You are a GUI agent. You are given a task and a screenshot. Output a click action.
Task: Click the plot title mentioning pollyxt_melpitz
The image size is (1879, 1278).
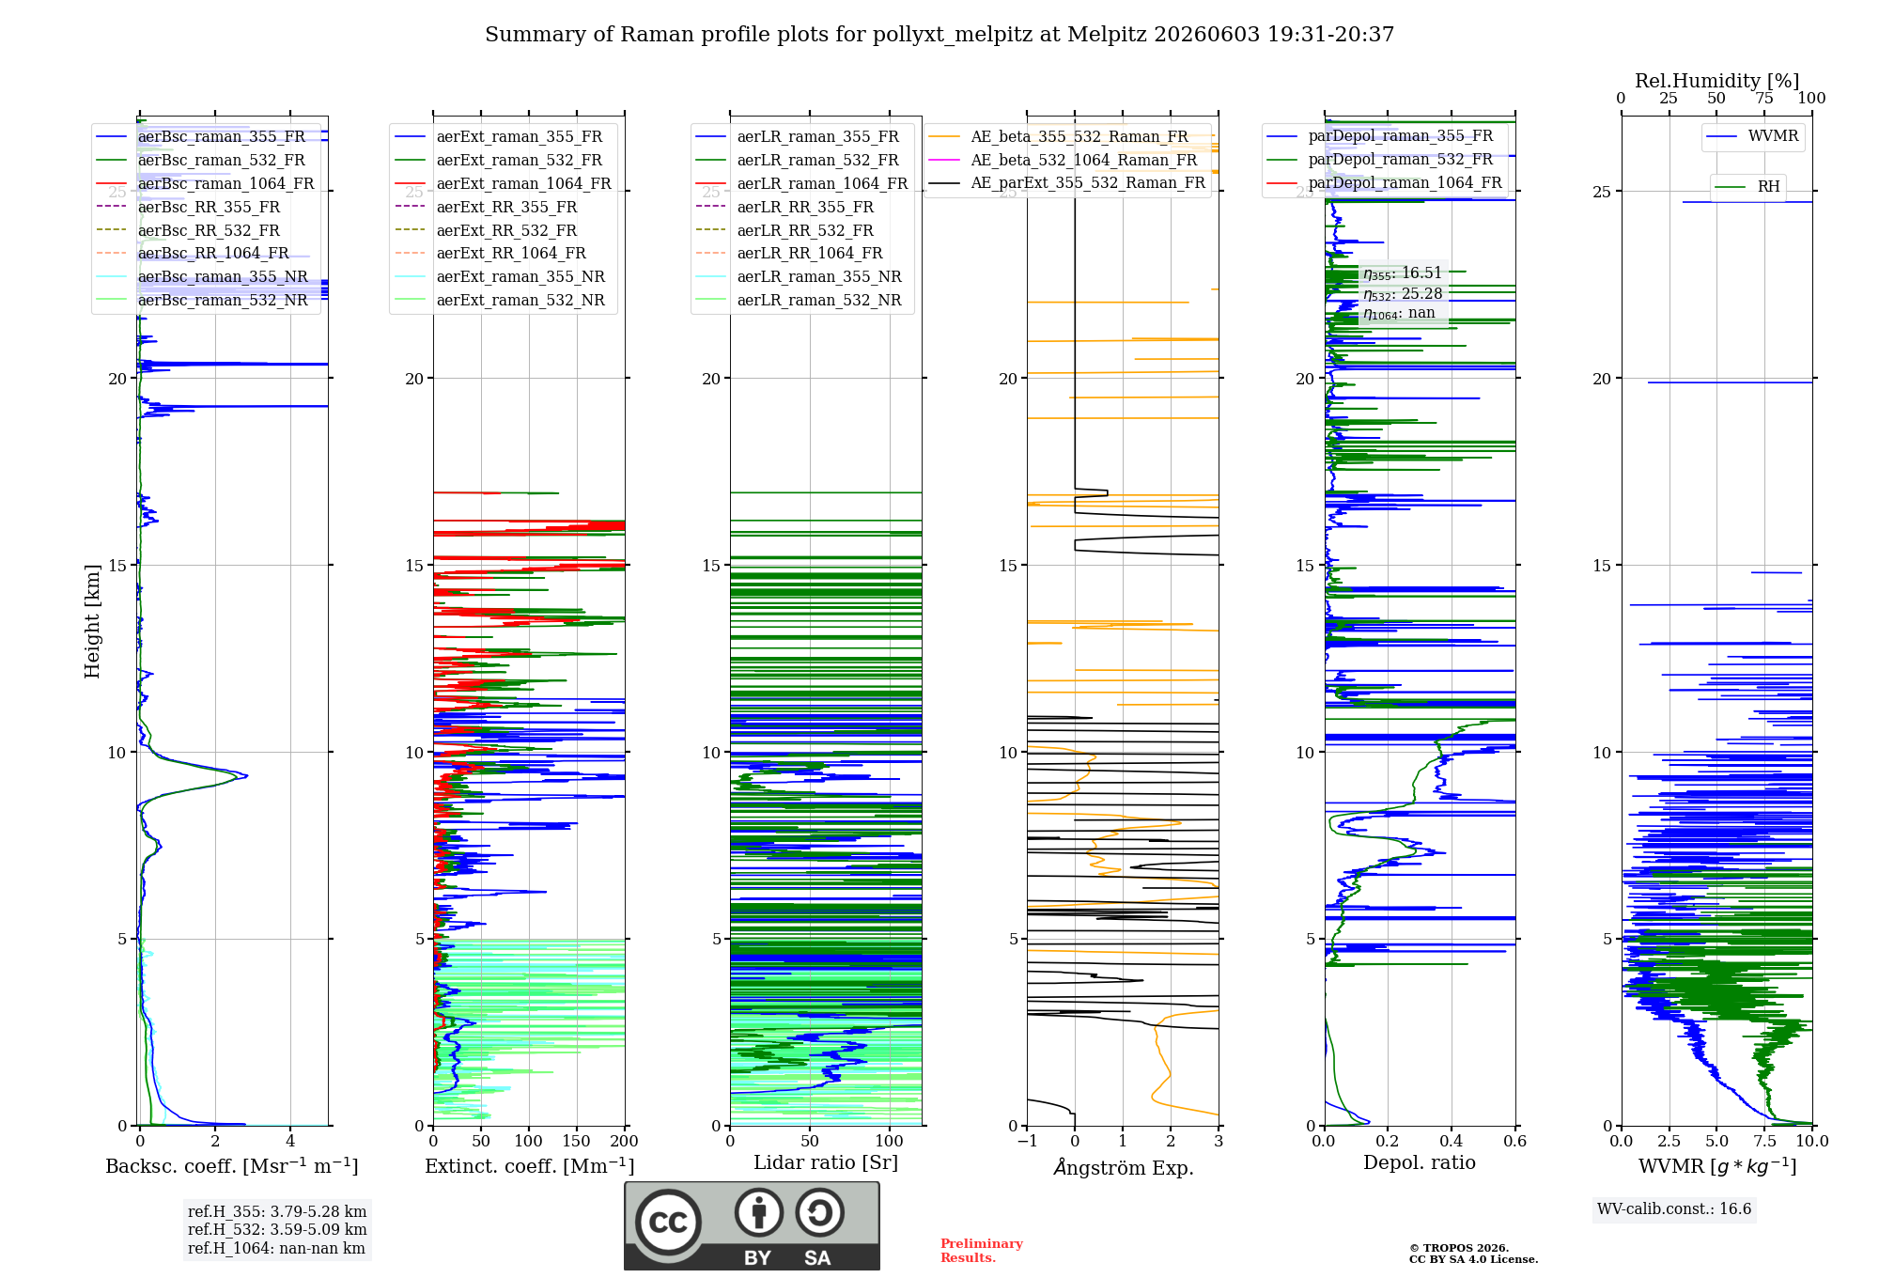(939, 35)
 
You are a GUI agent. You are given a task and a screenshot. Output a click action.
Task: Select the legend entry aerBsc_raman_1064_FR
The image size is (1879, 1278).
(225, 183)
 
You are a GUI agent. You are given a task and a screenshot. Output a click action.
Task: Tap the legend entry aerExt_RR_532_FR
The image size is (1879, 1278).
(506, 230)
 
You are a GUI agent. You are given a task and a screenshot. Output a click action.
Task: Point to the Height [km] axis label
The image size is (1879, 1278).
(92, 621)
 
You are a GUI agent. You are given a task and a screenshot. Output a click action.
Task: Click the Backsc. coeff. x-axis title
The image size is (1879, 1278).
(232, 1166)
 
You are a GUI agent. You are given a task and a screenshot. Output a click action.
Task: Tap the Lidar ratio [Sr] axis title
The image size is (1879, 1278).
(826, 1163)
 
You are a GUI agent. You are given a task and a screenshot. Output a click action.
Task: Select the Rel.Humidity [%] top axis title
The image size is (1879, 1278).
(1716, 81)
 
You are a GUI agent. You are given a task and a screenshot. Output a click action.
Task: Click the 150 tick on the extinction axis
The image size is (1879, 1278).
(576, 1141)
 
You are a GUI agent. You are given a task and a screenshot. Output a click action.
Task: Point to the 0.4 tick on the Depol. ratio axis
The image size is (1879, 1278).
(1452, 1141)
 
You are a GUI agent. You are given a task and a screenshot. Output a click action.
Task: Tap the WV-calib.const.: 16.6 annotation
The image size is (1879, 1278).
(1674, 1208)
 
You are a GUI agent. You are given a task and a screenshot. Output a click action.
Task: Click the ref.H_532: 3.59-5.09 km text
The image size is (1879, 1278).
(277, 1229)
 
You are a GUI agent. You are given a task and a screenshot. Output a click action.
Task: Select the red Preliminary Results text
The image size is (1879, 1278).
(982, 1251)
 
